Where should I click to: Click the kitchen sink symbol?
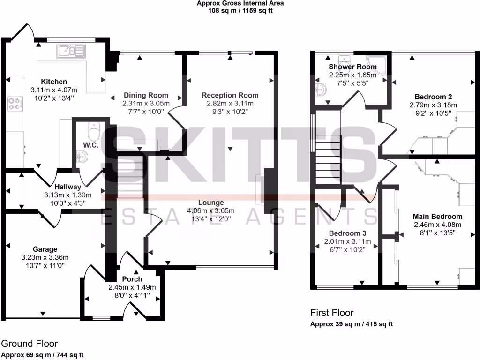[x=71, y=50]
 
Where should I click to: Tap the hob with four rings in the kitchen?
[x=15, y=103]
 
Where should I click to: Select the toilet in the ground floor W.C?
[x=93, y=132]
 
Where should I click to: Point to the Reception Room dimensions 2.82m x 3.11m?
[x=230, y=104]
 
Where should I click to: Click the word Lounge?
[x=211, y=202]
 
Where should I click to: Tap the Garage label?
[x=45, y=249]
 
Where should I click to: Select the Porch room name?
[x=132, y=279]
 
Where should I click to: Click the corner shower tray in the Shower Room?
[x=378, y=65]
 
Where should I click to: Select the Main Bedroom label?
[x=437, y=216]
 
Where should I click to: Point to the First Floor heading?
[x=332, y=313]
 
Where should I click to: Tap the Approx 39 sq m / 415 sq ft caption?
[x=352, y=324]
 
